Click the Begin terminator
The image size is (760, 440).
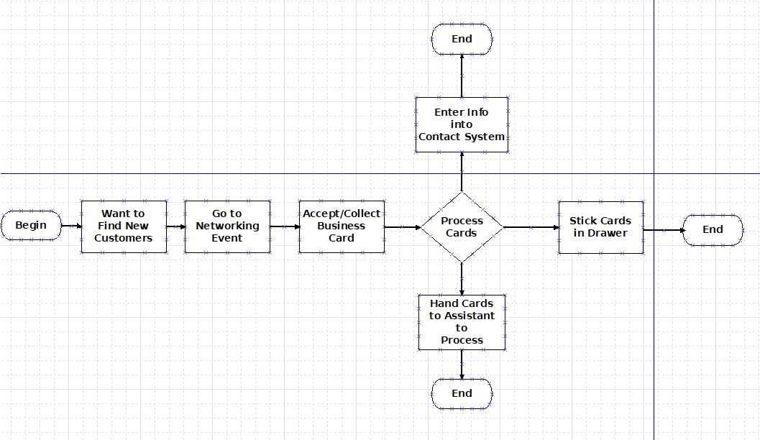coord(31,226)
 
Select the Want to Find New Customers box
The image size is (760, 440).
coord(124,226)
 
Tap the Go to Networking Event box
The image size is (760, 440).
coord(227,226)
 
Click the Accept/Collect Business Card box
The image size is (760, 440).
coord(342,226)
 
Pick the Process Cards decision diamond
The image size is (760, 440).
coord(462,227)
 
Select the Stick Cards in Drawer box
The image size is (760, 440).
coord(600,226)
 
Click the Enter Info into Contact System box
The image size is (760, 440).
coord(462,124)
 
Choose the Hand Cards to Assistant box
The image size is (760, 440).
coord(462,321)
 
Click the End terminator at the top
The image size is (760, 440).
coord(462,39)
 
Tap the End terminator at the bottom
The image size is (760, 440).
coord(462,393)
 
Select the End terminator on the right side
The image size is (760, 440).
coord(713,230)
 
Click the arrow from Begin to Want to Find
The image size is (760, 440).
coord(71,226)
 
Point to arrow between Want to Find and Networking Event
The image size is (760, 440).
coord(175,226)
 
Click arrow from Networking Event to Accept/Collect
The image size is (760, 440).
coord(285,226)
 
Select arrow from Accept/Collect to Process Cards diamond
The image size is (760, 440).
coord(402,227)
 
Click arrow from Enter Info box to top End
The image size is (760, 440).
coord(462,75)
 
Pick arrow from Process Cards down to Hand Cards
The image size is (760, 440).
coord(462,278)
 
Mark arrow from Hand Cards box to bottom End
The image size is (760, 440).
coord(462,365)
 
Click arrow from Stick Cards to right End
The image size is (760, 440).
coord(663,230)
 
